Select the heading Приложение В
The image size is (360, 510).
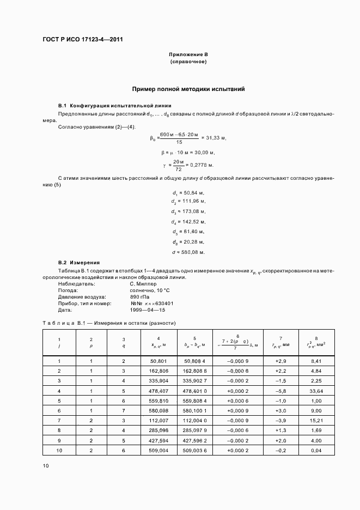coord(188,55)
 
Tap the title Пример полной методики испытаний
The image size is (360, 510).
coord(188,88)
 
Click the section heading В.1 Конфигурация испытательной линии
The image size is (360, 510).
coord(114,106)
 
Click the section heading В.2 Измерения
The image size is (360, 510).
coord(79,263)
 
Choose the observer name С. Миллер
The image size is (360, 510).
coord(143,284)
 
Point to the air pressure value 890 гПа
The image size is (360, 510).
coord(139,297)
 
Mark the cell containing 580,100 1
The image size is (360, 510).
coord(194,410)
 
